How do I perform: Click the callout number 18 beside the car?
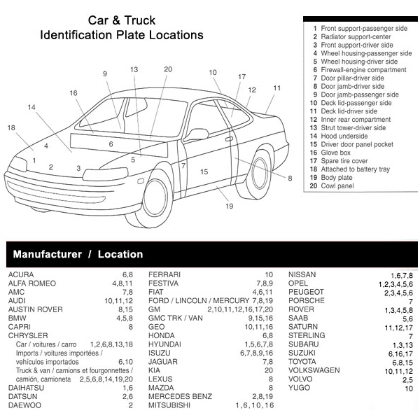10,127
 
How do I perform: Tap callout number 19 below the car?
228,206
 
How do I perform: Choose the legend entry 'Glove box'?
335,153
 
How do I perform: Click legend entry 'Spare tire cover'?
344,161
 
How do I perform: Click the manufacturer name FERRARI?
164,274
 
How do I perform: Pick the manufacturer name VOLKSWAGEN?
314,370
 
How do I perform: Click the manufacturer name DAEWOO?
24,405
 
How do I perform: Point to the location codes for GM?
240,309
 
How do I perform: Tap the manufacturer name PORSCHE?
307,300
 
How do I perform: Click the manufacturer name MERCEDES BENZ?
180,396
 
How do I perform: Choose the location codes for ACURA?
127,274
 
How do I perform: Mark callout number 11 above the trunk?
277,88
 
